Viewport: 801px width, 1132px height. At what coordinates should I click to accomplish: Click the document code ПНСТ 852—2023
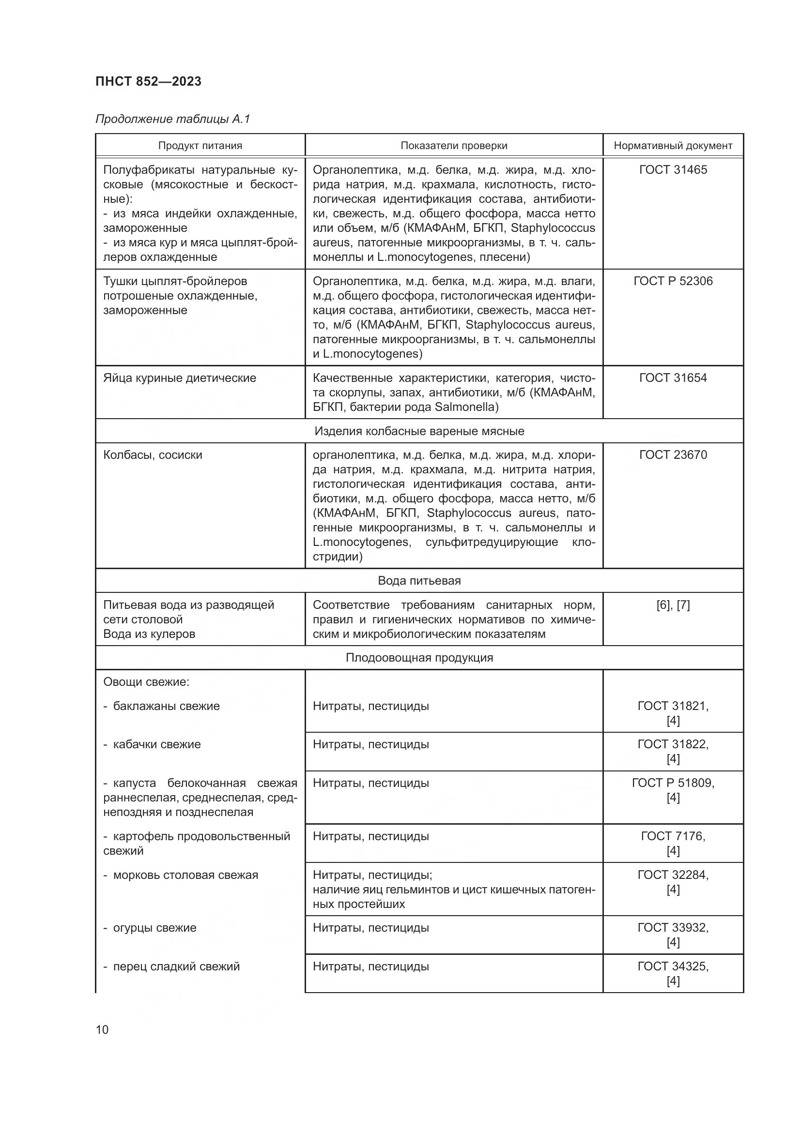coord(149,81)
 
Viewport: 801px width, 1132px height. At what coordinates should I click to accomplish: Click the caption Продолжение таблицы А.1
coord(172,119)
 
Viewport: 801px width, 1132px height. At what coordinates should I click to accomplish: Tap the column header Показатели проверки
coord(453,146)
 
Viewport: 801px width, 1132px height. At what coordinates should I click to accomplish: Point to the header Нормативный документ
coord(673,146)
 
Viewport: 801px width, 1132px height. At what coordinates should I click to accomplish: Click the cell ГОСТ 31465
coord(673,169)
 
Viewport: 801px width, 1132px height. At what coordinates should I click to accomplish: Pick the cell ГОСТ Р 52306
coord(673,281)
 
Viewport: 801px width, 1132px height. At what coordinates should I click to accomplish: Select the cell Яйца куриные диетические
coord(180,378)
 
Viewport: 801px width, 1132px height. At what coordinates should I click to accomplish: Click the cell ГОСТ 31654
coord(673,377)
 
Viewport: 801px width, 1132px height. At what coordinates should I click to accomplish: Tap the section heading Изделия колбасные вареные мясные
coord(419,431)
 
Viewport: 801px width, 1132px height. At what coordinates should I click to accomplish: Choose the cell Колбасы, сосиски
coord(153,454)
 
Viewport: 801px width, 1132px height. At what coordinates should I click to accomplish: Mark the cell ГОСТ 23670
coord(673,454)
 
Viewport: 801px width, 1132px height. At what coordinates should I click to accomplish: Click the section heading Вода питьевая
coord(419,580)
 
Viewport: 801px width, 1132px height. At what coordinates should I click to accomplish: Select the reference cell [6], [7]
coord(673,604)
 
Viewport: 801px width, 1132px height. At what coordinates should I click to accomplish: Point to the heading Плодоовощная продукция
coord(419,657)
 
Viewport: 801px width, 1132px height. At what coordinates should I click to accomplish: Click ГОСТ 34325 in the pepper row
coord(673,966)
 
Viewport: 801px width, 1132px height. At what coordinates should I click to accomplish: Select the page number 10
coord(102,1029)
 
